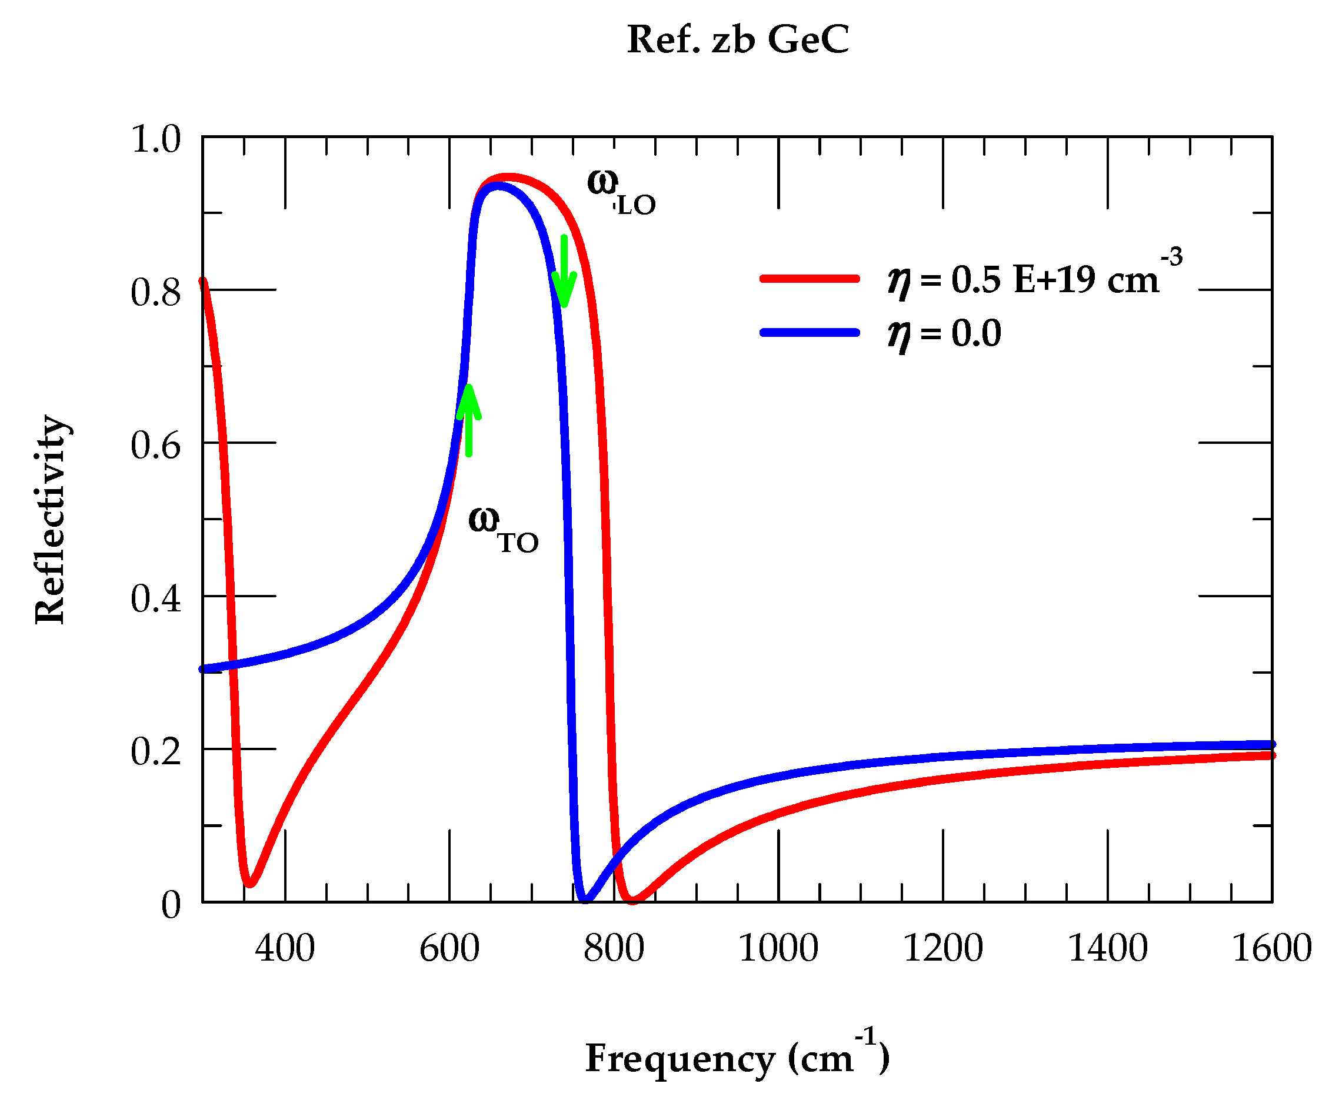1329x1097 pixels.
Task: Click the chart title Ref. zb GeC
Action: point(737,40)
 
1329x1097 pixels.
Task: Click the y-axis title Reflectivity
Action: point(51,520)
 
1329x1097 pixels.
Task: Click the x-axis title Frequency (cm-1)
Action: point(737,1058)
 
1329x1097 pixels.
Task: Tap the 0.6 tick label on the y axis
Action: point(155,446)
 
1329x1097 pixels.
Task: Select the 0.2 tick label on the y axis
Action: point(155,751)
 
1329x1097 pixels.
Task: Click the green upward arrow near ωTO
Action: point(468,420)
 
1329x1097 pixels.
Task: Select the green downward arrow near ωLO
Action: point(564,271)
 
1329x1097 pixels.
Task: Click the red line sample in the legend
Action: point(810,279)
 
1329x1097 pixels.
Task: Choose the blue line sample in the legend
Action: point(810,332)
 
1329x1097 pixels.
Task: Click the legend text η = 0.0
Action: point(945,334)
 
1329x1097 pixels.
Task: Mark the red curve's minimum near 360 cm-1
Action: point(251,883)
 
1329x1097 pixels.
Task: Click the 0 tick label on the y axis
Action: point(171,905)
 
